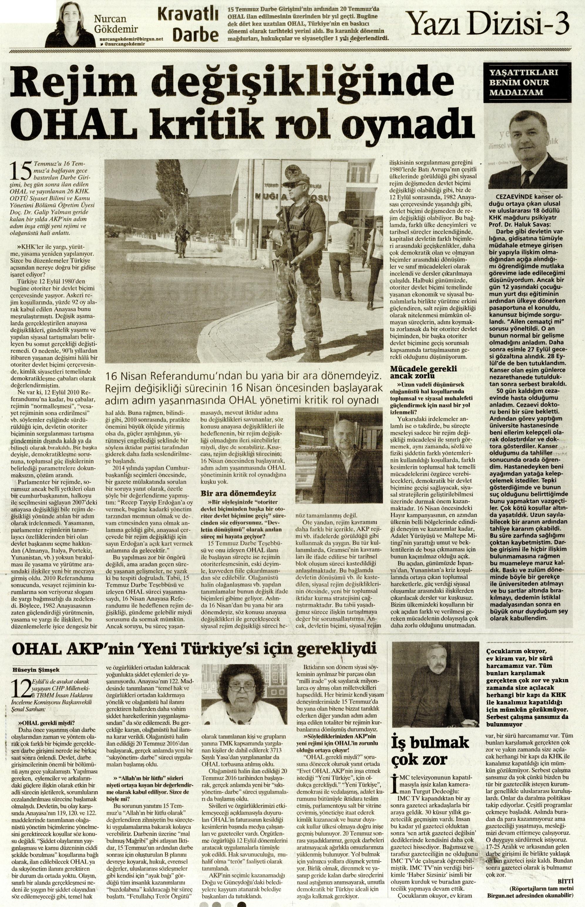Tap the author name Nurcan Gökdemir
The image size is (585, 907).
click(x=116, y=24)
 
